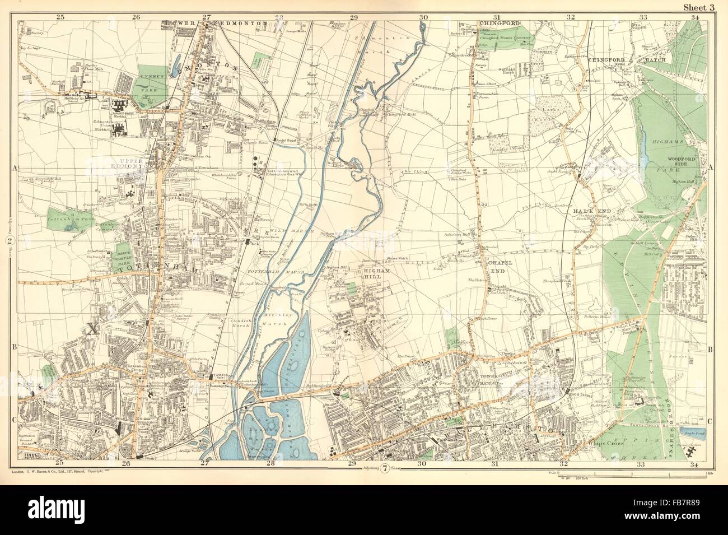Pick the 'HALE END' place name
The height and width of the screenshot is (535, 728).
click(x=587, y=210)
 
